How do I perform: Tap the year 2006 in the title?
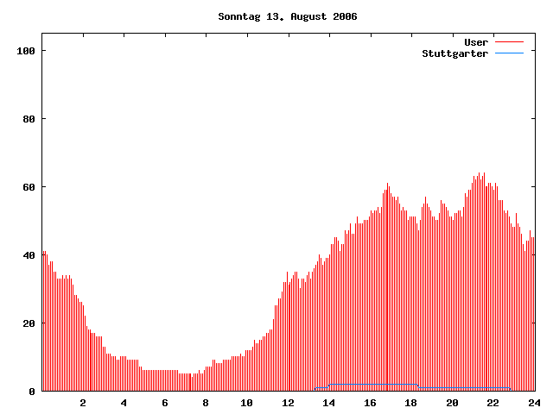point(343,16)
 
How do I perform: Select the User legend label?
point(476,42)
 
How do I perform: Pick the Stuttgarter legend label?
point(454,53)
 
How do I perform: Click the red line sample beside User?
point(510,42)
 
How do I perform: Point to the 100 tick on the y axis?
point(26,51)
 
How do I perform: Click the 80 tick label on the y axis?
point(29,119)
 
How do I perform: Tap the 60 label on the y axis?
point(29,187)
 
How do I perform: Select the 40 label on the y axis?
point(29,255)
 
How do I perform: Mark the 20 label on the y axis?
point(29,323)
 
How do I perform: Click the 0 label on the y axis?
point(32,392)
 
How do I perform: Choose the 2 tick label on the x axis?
point(83,403)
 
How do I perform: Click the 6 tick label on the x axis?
point(165,403)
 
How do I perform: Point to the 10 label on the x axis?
point(247,403)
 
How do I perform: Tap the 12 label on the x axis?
point(288,403)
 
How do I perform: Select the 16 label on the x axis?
point(370,403)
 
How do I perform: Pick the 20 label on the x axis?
point(452,403)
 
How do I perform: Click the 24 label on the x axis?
point(534,403)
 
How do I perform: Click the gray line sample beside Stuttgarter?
point(510,53)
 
